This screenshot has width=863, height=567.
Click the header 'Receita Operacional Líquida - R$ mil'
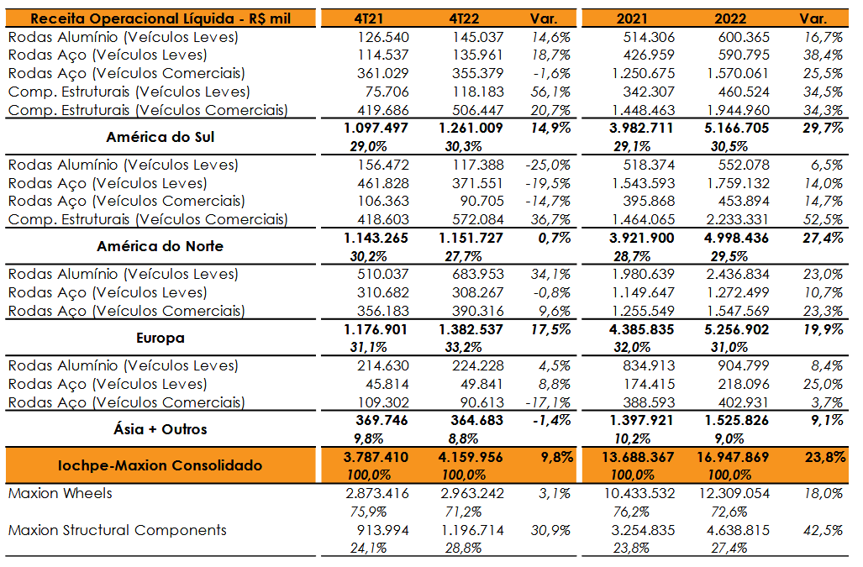pyautogui.click(x=160, y=18)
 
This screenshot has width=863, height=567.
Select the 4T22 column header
pyautogui.click(x=463, y=18)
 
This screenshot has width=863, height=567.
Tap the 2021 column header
pyautogui.click(x=632, y=18)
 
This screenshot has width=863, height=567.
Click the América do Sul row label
pyautogui.click(x=160, y=137)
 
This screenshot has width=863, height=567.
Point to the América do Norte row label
pyautogui.click(x=160, y=246)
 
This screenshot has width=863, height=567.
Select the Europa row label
pyautogui.click(x=160, y=338)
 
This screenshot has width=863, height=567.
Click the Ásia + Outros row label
pyautogui.click(x=160, y=429)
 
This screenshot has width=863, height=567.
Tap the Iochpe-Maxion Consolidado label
pyautogui.click(x=160, y=465)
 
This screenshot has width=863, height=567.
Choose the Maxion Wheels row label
pyautogui.click(x=60, y=493)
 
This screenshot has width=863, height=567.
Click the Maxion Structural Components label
pyautogui.click(x=118, y=530)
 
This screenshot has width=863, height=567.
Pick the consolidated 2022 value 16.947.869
pyautogui.click(x=733, y=457)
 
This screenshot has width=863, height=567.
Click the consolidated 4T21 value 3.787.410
pyautogui.click(x=376, y=457)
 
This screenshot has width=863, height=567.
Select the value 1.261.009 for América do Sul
pyautogui.click(x=471, y=129)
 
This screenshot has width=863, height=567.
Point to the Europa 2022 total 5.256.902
pyautogui.click(x=736, y=329)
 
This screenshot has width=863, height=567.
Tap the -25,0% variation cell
pyautogui.click(x=548, y=165)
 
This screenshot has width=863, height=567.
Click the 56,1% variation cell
pyautogui.click(x=550, y=92)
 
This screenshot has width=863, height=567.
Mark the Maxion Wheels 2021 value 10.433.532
pyautogui.click(x=639, y=493)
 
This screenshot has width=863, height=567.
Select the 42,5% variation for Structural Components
pyautogui.click(x=824, y=530)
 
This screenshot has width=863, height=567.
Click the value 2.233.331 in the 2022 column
pyautogui.click(x=738, y=219)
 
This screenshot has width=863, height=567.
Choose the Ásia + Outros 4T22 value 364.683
pyautogui.click(x=476, y=421)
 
